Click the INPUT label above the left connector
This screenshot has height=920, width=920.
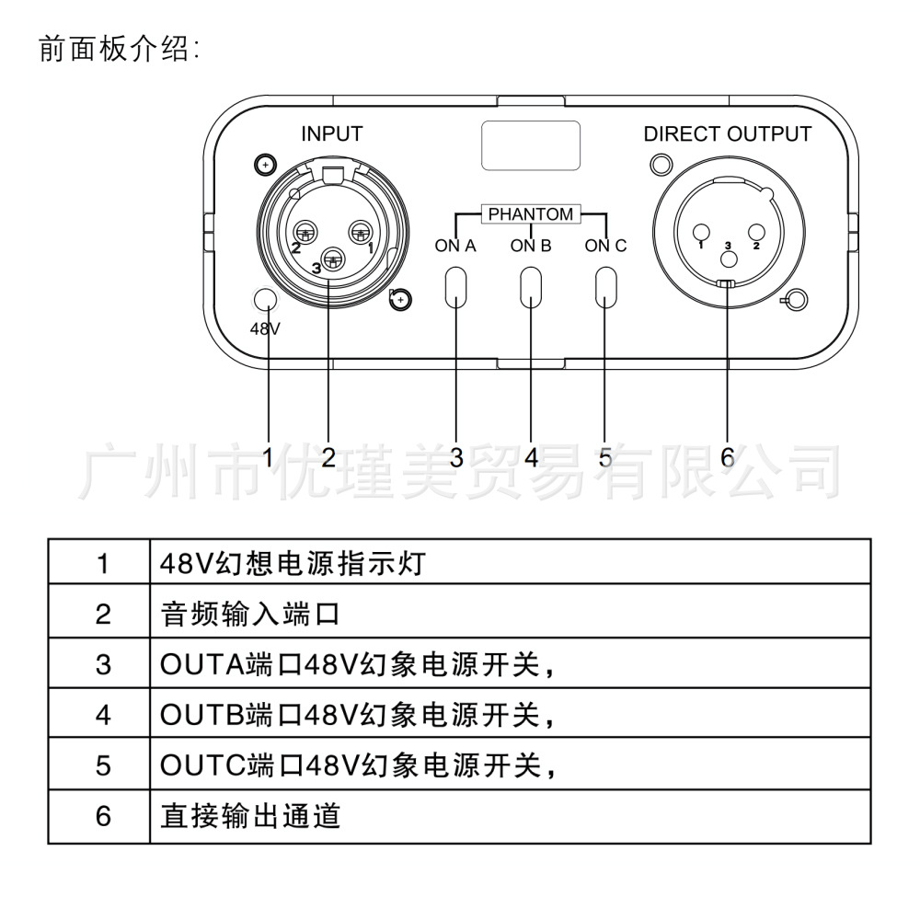[331, 133]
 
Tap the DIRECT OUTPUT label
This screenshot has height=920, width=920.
[727, 133]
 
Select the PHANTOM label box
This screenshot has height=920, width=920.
[531, 214]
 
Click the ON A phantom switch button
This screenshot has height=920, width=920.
[456, 287]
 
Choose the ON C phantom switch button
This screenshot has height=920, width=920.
[606, 287]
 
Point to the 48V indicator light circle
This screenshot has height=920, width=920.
[265, 299]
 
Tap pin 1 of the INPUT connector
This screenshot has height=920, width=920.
[359, 231]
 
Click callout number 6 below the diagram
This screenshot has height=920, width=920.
[727, 456]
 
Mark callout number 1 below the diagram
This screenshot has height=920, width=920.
[268, 456]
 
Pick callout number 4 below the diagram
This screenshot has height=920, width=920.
[531, 456]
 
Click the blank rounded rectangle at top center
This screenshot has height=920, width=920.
[531, 146]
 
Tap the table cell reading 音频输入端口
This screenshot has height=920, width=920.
[510, 614]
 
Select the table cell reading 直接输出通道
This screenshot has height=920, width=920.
[510, 816]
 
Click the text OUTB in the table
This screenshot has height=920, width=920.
[201, 715]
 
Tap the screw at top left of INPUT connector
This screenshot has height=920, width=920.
[265, 165]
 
